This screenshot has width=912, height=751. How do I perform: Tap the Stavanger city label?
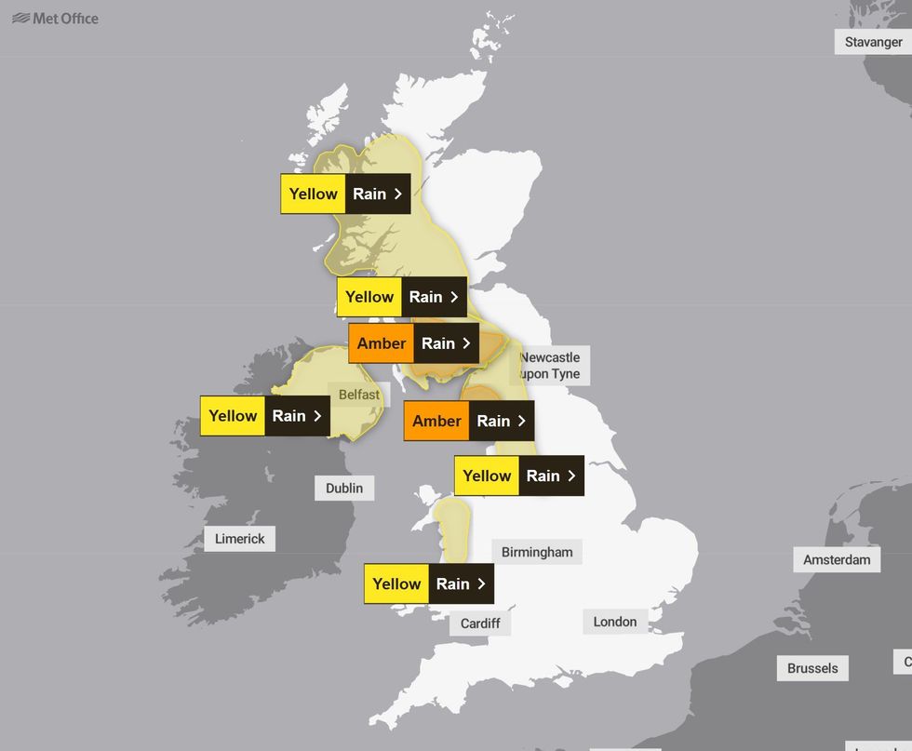tap(873, 42)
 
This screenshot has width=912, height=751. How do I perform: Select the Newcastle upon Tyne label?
tap(549, 366)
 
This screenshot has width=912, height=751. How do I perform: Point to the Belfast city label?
tap(358, 395)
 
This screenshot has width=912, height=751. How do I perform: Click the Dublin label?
tap(344, 488)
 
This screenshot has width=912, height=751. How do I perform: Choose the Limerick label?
tap(239, 539)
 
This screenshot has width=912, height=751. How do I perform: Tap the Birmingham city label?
tap(537, 552)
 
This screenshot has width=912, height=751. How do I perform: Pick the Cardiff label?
tap(480, 623)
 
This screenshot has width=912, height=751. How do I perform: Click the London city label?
tap(615, 622)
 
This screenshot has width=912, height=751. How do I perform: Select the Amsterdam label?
tap(837, 559)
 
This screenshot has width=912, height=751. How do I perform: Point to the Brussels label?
tap(812, 668)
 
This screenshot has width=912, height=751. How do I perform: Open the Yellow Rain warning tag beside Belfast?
tap(265, 416)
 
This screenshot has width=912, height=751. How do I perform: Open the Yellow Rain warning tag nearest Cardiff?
tap(428, 583)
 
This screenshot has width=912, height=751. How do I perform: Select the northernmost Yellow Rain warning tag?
tap(345, 194)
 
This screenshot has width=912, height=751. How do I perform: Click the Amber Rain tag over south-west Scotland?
tap(413, 343)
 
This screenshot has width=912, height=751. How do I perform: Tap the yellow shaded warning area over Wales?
tap(454, 530)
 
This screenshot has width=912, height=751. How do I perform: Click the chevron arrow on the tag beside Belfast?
tap(317, 416)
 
